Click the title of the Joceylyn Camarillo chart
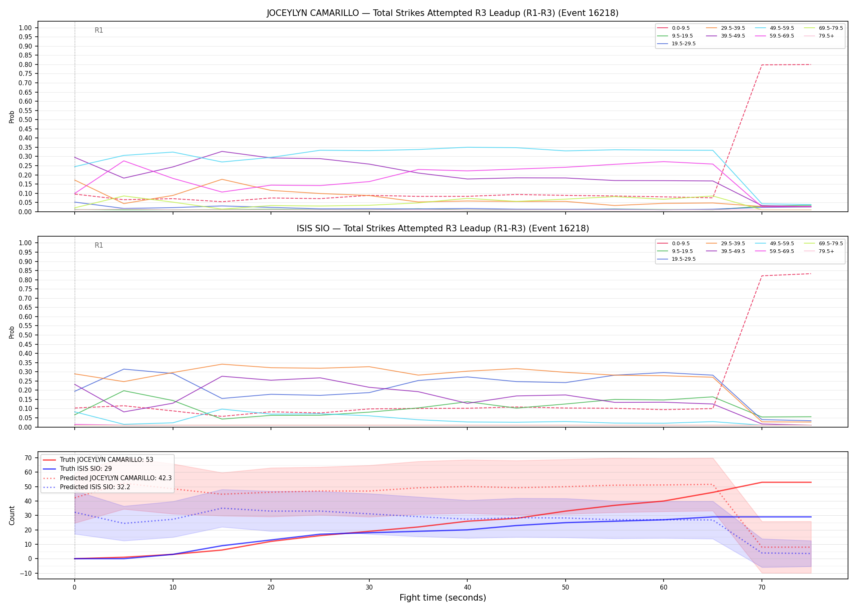[x=443, y=13]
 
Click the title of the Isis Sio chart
[x=443, y=228]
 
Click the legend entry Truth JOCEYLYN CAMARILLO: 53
[x=98, y=460]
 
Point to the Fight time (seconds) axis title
[x=443, y=598]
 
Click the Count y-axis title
[x=12, y=516]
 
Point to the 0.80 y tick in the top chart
[x=25, y=64]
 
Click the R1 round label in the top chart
[x=99, y=30]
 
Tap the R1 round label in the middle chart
[x=99, y=245]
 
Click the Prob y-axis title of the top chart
[x=12, y=117]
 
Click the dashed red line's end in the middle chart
[x=811, y=273]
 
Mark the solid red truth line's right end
[x=811, y=482]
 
